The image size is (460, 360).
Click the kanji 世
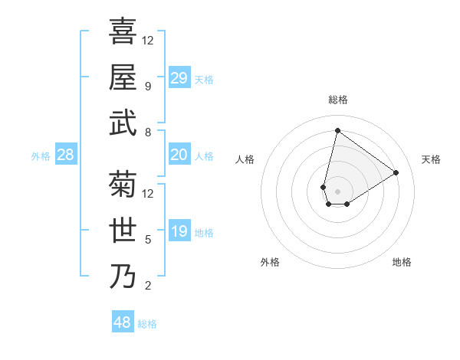pyautogui.click(x=123, y=230)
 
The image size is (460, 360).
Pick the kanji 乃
pyautogui.click(x=123, y=276)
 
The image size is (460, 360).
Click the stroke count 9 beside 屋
pyautogui.click(x=147, y=87)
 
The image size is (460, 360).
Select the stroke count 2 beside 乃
pyautogui.click(x=147, y=286)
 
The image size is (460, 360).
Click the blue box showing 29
pyautogui.click(x=179, y=78)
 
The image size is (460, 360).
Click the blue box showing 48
pyautogui.click(x=122, y=322)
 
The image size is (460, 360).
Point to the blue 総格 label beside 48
pyautogui.click(x=147, y=324)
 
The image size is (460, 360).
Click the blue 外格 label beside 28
pyautogui.click(x=41, y=156)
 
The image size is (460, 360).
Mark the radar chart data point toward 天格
pyautogui.click(x=396, y=172)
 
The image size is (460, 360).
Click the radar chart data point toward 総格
pyautogui.click(x=337, y=129)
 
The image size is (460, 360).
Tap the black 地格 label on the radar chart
pyautogui.click(x=402, y=262)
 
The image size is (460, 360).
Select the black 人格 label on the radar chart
pyautogui.click(x=245, y=159)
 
